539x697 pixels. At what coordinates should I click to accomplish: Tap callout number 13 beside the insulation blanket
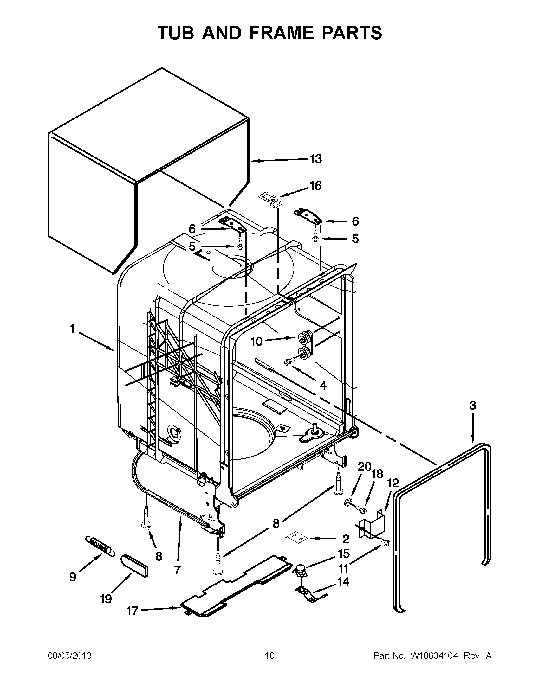pyautogui.click(x=316, y=159)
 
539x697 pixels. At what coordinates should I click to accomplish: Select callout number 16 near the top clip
pyautogui.click(x=315, y=185)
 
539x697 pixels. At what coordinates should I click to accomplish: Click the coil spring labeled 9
pyautogui.click(x=99, y=546)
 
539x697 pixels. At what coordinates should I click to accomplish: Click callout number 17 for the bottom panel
pyautogui.click(x=132, y=611)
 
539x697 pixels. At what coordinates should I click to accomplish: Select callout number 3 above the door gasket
pyautogui.click(x=473, y=405)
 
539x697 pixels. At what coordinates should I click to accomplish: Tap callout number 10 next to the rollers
pyautogui.click(x=257, y=342)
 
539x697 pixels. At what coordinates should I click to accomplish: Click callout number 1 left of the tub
pyautogui.click(x=72, y=329)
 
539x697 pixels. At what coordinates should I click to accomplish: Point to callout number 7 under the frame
pyautogui.click(x=177, y=570)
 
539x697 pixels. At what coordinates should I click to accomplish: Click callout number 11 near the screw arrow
pyautogui.click(x=343, y=568)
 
